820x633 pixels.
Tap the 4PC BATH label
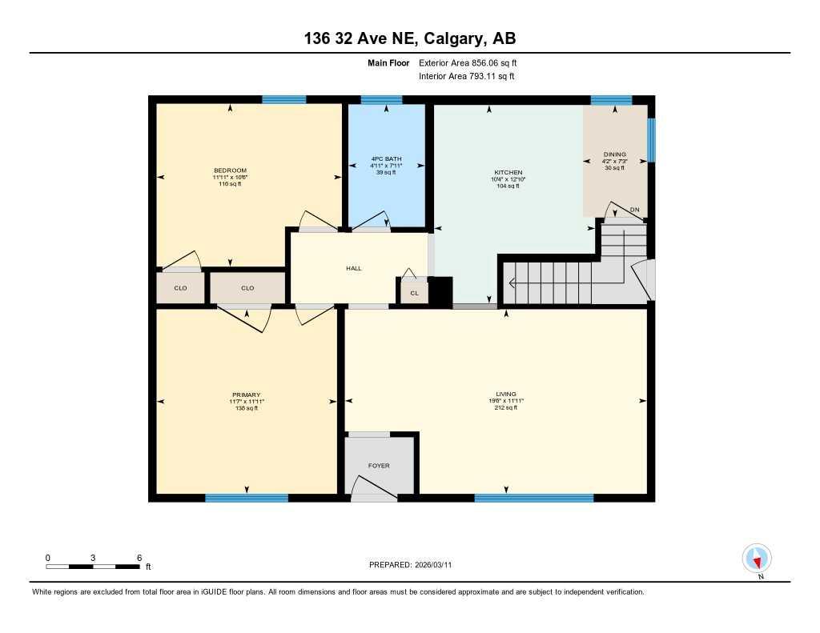pos(385,158)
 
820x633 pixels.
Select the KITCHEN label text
pos(508,173)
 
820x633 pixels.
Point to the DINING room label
pos(615,154)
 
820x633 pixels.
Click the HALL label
pos(354,268)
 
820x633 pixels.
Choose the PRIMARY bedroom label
pos(247,395)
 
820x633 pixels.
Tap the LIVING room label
pos(505,394)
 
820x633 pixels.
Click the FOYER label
pos(379,465)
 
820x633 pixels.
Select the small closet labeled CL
pos(414,293)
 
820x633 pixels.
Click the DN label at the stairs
pos(635,210)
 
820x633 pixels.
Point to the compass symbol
pos(757,557)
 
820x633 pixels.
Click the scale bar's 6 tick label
pos(139,557)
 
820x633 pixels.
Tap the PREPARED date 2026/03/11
pos(415,565)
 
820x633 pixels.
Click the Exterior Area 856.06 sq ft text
pos(473,62)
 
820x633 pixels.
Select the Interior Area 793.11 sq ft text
pos(467,77)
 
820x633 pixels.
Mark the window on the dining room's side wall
pos(652,141)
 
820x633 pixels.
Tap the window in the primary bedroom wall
pos(247,498)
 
